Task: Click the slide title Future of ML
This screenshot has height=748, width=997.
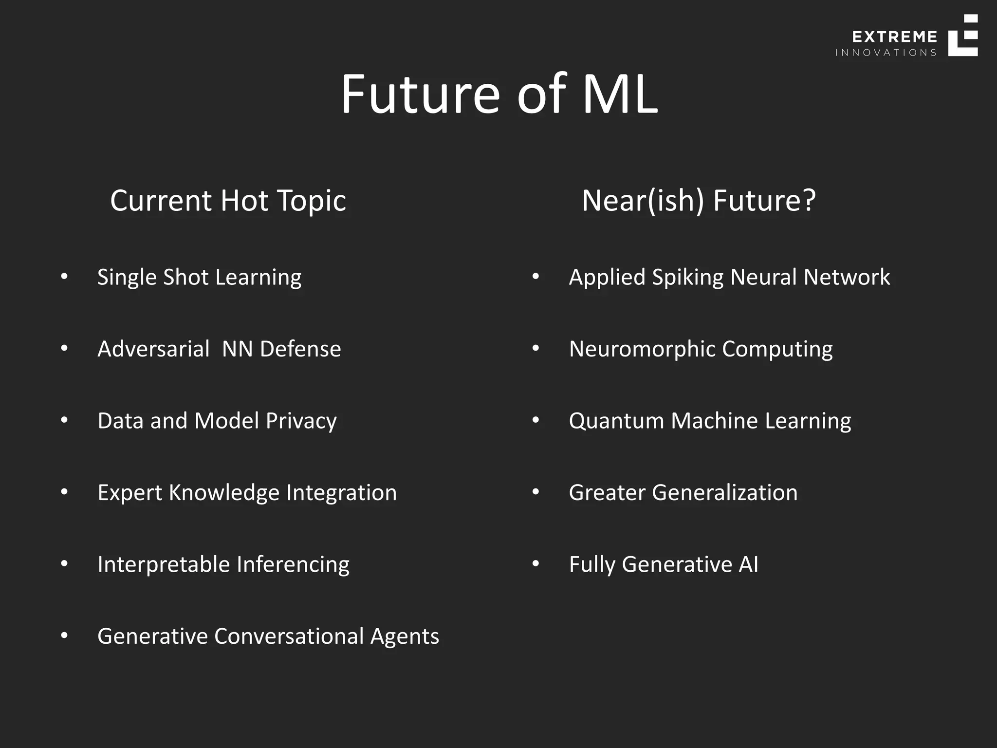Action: (x=498, y=93)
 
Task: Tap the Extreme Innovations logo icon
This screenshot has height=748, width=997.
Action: (x=962, y=36)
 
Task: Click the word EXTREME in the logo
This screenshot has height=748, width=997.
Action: (x=894, y=37)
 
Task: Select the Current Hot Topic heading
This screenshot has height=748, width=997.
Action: (x=228, y=200)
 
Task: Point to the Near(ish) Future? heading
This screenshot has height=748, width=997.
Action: (x=699, y=200)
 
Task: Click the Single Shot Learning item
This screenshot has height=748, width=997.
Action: (x=199, y=277)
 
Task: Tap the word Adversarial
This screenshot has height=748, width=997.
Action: (x=153, y=349)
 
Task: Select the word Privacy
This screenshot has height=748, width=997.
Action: (x=301, y=421)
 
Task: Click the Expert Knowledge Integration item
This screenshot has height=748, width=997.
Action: (x=247, y=492)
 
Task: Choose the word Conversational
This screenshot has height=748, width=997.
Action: (x=289, y=636)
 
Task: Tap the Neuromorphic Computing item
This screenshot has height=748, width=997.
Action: (x=701, y=349)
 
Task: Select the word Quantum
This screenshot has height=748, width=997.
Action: (x=616, y=421)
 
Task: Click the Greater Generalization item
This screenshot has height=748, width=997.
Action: (x=683, y=492)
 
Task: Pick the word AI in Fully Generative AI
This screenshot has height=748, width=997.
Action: (x=748, y=564)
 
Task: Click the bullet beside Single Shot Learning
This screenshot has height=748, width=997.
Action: (x=64, y=277)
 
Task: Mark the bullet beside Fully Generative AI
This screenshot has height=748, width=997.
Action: (x=535, y=564)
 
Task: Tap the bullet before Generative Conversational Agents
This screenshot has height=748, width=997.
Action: (x=64, y=636)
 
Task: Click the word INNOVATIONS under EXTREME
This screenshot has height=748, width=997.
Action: (x=886, y=53)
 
